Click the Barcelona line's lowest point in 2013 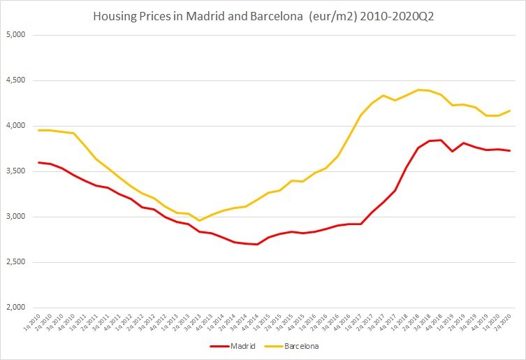pos(200,220)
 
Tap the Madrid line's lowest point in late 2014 pos(257,245)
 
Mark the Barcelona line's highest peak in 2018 pos(418,89)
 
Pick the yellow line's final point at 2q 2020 pos(509,110)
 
